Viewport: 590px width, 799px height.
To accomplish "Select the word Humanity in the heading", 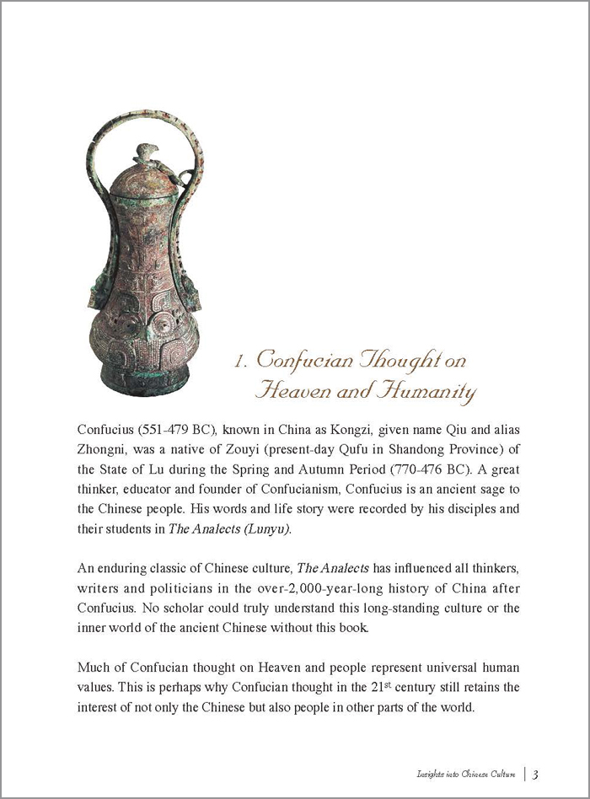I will pyautogui.click(x=426, y=391).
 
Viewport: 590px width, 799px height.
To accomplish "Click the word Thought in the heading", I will pyautogui.click(x=408, y=360).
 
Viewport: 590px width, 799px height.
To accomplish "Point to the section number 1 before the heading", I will pyautogui.click(x=239, y=362).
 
